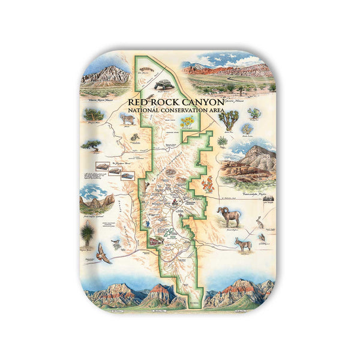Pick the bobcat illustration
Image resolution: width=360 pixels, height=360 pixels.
tap(127, 119)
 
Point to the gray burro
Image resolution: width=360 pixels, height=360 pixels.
tap(242, 244)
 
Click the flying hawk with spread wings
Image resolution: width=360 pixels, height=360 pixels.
tap(103, 253)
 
